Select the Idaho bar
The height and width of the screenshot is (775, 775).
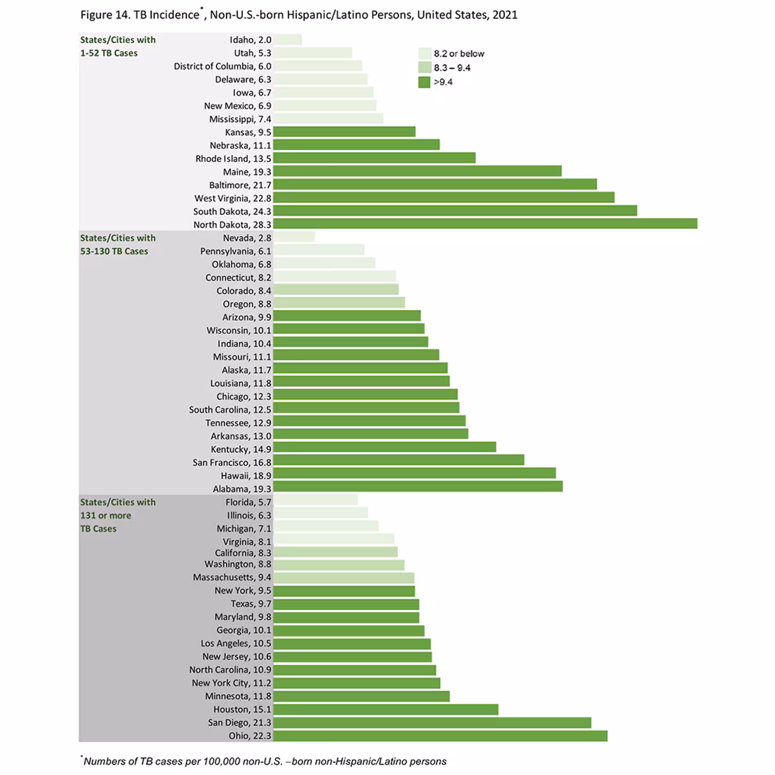[x=287, y=40]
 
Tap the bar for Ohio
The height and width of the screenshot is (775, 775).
[x=440, y=736]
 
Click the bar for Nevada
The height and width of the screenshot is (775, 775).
[x=294, y=237]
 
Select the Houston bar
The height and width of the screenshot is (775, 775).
[x=386, y=709]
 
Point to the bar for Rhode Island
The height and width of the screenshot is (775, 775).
[x=374, y=158]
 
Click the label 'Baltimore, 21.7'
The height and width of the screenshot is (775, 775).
[x=240, y=185]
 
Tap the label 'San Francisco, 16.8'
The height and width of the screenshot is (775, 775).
[x=232, y=462]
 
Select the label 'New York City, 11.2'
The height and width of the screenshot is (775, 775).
[x=231, y=683]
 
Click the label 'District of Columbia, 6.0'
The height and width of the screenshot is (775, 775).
[x=222, y=67]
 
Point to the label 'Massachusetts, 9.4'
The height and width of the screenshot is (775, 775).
[x=232, y=577]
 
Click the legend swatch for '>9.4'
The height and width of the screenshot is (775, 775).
[x=424, y=82]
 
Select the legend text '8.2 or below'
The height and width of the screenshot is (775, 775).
[x=459, y=54]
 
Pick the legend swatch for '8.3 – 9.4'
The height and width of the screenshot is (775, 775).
[x=424, y=68]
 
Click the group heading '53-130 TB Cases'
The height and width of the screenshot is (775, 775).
[x=114, y=251]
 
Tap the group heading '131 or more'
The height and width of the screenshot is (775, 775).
[x=105, y=515]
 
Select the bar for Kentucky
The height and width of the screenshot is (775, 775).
[x=384, y=447]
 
